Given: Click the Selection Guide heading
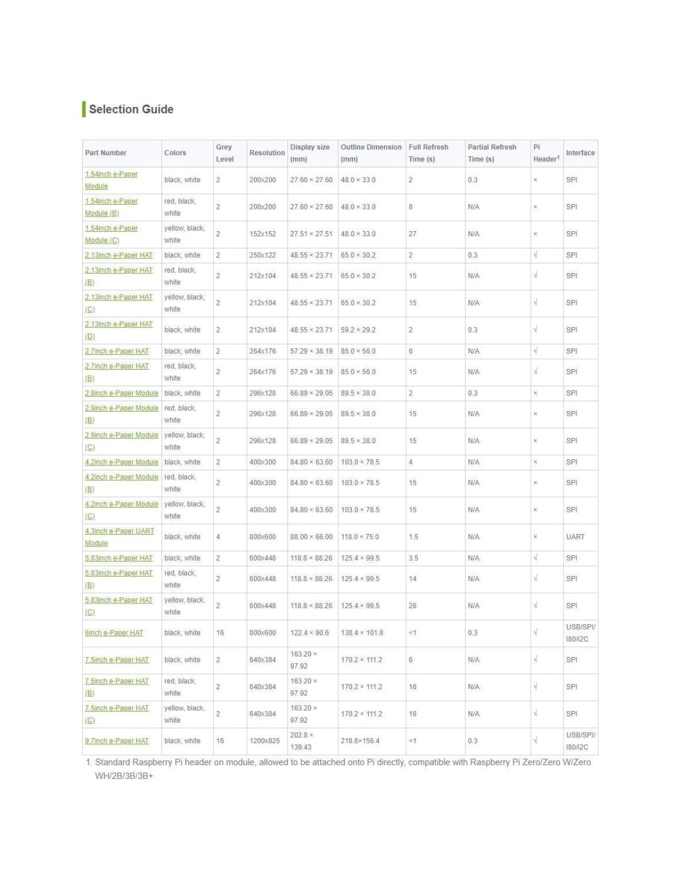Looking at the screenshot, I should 131,109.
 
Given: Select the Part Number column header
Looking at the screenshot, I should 106,153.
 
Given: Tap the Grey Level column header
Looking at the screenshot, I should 224,153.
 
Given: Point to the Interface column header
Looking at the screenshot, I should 580,153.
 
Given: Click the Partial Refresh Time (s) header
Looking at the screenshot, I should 491,153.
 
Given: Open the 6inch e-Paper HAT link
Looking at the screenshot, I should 114,633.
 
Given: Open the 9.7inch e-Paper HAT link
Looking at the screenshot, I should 117,741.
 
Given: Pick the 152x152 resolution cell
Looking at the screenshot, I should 263,234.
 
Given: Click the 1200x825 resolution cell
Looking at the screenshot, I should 265,741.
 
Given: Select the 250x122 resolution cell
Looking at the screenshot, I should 263,255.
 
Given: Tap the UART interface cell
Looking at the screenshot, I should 575,537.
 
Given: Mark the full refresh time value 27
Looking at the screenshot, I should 412,234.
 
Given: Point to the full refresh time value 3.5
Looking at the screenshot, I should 413,558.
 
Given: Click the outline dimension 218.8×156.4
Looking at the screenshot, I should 360,741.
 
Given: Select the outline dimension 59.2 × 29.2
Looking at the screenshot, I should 358,330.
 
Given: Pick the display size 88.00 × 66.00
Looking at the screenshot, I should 311,537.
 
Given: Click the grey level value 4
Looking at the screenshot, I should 218,537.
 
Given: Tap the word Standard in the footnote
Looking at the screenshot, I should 113,762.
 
